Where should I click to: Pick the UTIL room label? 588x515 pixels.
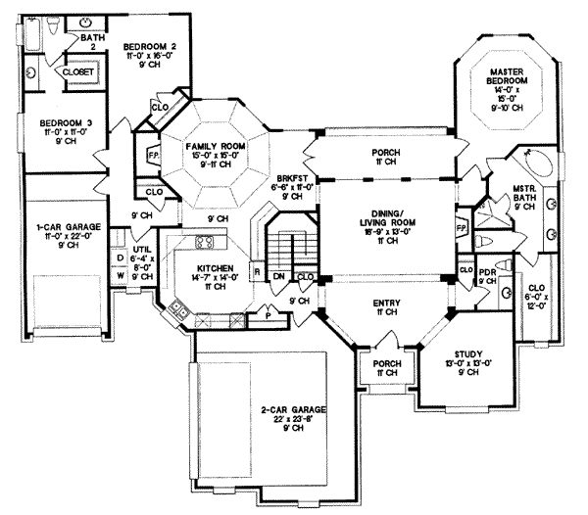pyautogui.click(x=142, y=250)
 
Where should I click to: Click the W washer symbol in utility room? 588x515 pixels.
pyautogui.click(x=121, y=275)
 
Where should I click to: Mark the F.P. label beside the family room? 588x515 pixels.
pyautogui.click(x=152, y=157)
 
